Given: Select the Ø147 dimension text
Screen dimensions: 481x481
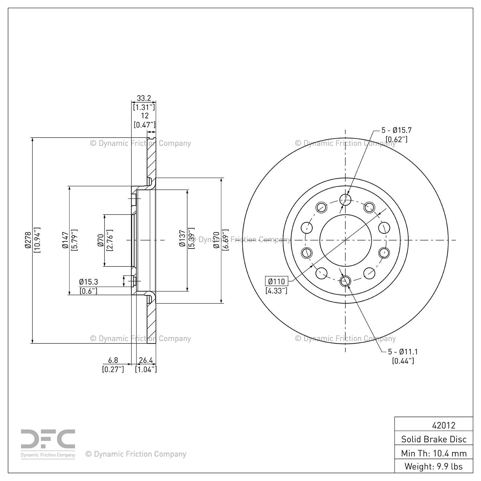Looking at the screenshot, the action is pos(65,240).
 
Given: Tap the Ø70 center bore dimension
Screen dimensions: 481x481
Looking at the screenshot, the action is pos(101,240).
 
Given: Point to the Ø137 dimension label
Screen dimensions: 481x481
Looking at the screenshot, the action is pos(182,238).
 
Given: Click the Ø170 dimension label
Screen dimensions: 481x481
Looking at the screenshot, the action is pos(216,240).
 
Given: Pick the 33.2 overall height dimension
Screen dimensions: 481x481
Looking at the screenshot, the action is pos(144,98).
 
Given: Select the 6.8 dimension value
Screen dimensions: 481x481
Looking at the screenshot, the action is pos(113,361).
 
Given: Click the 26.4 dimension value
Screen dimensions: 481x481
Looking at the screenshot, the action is pos(146,361).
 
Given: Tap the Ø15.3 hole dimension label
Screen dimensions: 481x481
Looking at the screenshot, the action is pos(89,282).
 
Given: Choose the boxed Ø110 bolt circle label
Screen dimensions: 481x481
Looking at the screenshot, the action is pos(276,281).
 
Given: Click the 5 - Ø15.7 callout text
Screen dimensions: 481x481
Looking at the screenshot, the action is pos(396,130).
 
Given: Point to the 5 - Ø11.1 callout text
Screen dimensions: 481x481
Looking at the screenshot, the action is pos(402,352).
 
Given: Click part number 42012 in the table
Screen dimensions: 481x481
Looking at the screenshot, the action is pos(444,425).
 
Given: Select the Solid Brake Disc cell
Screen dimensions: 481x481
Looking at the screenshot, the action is pos(434,439).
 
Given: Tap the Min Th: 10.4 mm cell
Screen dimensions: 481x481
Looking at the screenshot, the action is pos(434,453).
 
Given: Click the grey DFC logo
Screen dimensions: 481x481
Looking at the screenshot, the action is pos(48,444).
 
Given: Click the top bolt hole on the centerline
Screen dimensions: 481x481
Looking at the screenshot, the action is pos(345,200).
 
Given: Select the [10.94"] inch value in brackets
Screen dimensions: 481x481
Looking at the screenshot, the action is pos(37,240).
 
